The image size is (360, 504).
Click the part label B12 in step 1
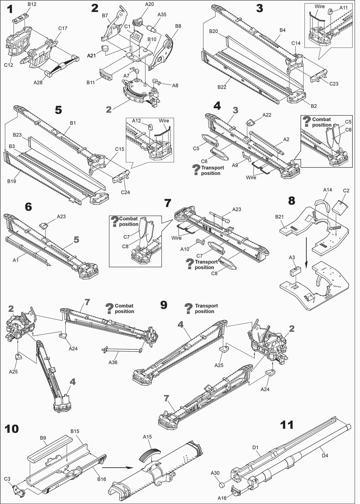(32, 4)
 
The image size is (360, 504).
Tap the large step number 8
(292, 201)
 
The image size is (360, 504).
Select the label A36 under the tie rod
(113, 363)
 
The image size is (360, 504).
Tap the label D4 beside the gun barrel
(325, 455)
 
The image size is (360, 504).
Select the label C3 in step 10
(7, 479)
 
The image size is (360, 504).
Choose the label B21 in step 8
(279, 217)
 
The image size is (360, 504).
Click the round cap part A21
(105, 49)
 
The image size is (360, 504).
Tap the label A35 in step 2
(162, 14)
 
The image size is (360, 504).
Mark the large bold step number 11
(287, 425)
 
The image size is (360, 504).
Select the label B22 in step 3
(222, 87)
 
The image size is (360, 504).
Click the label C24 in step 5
(125, 192)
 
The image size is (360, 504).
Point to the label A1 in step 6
(15, 260)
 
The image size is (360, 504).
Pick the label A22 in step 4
(266, 115)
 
